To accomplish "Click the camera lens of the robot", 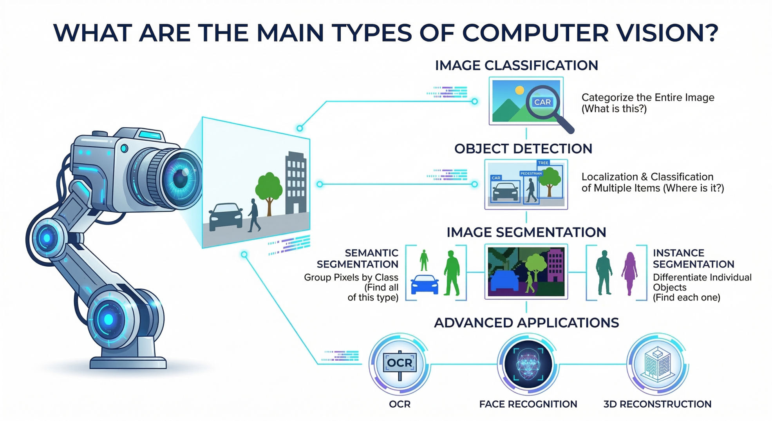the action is (x=178, y=178).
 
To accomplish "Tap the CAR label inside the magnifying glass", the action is (x=542, y=102).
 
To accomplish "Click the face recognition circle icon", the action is (x=528, y=365).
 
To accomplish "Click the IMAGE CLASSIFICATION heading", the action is (x=517, y=65).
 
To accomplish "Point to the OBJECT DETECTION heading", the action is (x=523, y=149).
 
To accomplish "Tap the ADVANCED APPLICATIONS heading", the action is (x=526, y=323).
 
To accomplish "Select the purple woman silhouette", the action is (x=630, y=273).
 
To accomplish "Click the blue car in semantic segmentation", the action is (x=425, y=285).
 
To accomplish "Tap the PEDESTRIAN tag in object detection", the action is (x=531, y=173).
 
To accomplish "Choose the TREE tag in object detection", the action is (x=543, y=163).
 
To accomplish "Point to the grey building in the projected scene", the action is (x=296, y=182).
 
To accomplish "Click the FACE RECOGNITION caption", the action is (x=528, y=404).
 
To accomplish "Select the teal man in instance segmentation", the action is (x=604, y=273).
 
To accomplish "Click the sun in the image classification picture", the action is (x=520, y=90).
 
